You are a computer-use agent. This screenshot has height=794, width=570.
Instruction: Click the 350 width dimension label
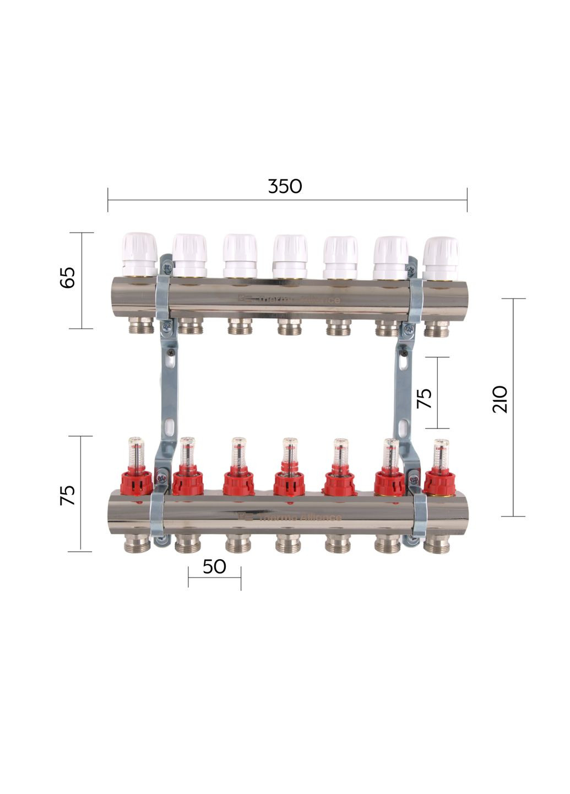point(285,186)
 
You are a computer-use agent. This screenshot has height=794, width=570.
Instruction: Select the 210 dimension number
point(500,399)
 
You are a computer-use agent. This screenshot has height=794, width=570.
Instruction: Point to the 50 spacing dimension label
point(214,566)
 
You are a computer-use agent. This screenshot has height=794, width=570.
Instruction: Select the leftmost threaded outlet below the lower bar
point(136,545)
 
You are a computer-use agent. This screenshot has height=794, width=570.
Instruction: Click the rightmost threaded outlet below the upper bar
point(436,329)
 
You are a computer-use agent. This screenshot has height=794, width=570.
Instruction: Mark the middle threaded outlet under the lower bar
point(288,545)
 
